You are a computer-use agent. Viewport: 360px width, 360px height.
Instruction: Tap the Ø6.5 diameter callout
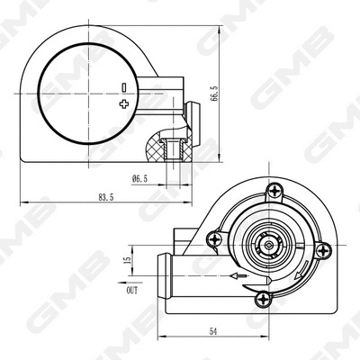click(x=138, y=178)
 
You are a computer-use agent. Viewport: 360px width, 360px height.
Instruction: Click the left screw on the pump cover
click(x=213, y=238)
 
